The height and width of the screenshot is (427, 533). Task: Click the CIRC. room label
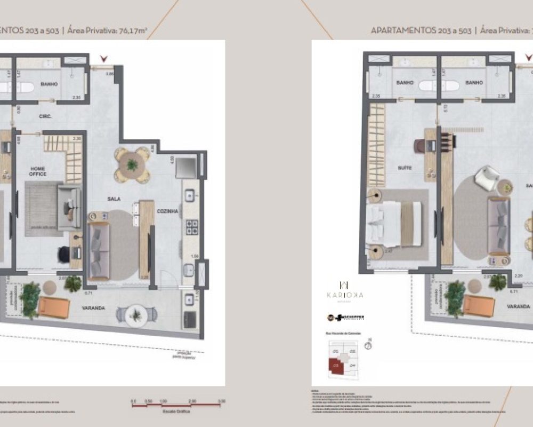point(44,115)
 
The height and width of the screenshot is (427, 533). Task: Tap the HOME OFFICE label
point(38,171)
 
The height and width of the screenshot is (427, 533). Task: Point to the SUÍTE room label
point(405,168)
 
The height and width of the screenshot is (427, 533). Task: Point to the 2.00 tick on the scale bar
point(192,400)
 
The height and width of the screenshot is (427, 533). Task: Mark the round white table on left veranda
point(136,315)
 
